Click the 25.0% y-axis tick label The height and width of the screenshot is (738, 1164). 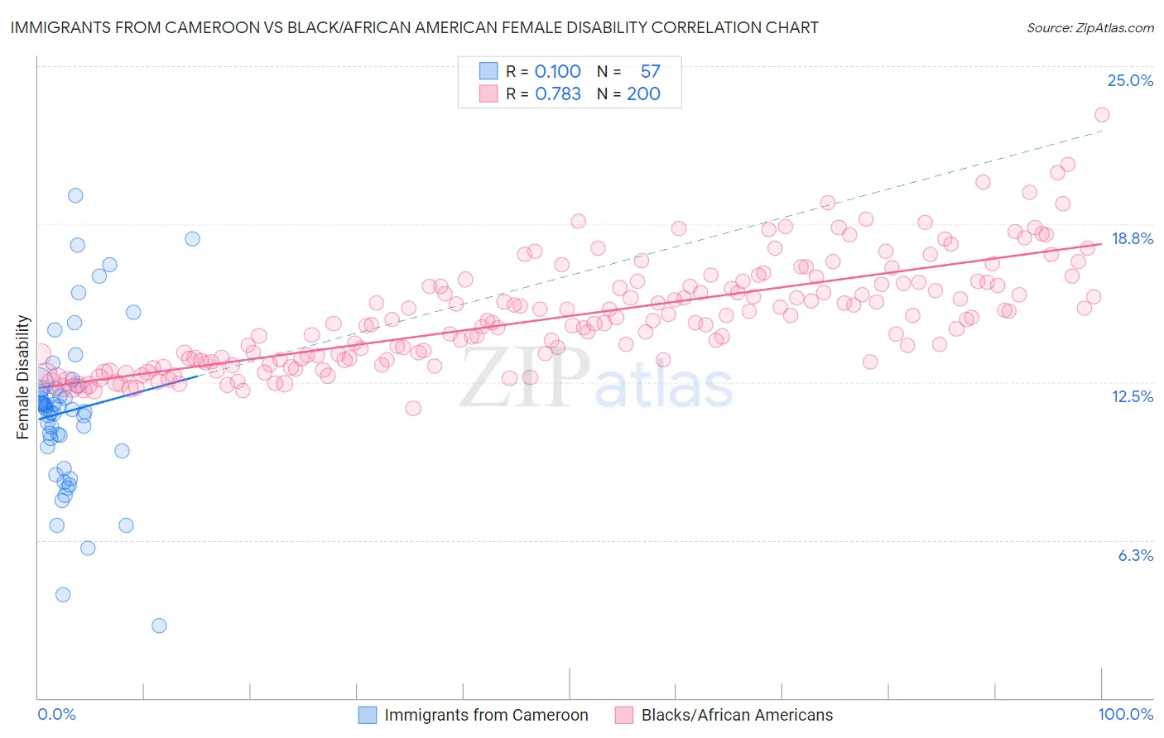[1130, 80]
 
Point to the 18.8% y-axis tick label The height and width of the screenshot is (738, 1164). [1132, 238]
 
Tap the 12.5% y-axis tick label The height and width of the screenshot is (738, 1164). [1132, 396]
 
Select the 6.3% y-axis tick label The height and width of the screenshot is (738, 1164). [1135, 555]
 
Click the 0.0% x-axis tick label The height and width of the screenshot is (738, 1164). [56, 714]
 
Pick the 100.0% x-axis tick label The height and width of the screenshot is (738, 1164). [1125, 714]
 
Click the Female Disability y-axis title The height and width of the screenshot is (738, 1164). [23, 376]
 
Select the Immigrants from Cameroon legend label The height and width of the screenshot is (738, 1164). [486, 715]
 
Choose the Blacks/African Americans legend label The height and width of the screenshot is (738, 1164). [737, 715]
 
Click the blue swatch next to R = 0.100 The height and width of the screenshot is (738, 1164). [488, 71]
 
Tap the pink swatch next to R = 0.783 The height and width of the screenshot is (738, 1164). [488, 93]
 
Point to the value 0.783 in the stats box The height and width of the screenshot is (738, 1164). [558, 93]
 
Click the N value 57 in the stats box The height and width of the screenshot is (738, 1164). [650, 71]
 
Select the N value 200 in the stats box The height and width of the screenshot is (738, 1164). [643, 93]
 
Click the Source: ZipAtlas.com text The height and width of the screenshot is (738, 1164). [1089, 27]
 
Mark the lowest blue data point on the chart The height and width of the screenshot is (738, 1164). [159, 625]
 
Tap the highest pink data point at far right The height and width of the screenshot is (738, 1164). [1101, 115]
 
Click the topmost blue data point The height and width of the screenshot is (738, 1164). [75, 195]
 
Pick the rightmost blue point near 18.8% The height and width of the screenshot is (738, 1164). [192, 238]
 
